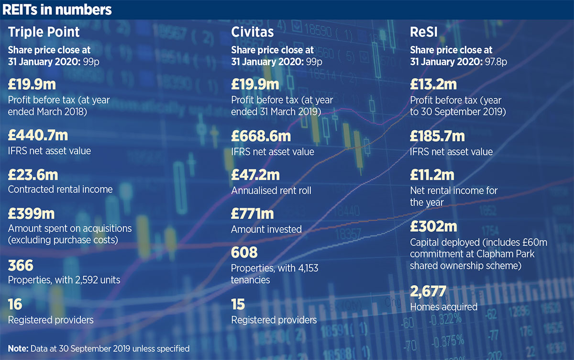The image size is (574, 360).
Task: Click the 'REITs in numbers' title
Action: tap(57, 10)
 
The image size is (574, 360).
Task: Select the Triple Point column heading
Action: tap(44, 32)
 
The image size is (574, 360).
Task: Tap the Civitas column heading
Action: tap(252, 32)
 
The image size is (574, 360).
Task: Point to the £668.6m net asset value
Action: tap(261, 136)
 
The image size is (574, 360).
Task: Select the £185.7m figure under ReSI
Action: tap(437, 136)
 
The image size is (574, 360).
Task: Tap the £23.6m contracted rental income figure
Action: tap(33, 175)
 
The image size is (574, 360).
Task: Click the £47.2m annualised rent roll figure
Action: tap(255, 175)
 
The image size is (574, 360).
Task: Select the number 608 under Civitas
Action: tap(244, 252)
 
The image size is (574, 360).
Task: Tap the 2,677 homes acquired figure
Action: tap(428, 291)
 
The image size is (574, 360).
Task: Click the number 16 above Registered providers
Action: tap(15, 304)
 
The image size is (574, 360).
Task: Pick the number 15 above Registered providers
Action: tap(238, 304)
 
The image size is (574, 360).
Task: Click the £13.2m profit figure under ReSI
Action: tap(433, 85)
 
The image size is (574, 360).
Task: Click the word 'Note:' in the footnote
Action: tap(18, 348)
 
